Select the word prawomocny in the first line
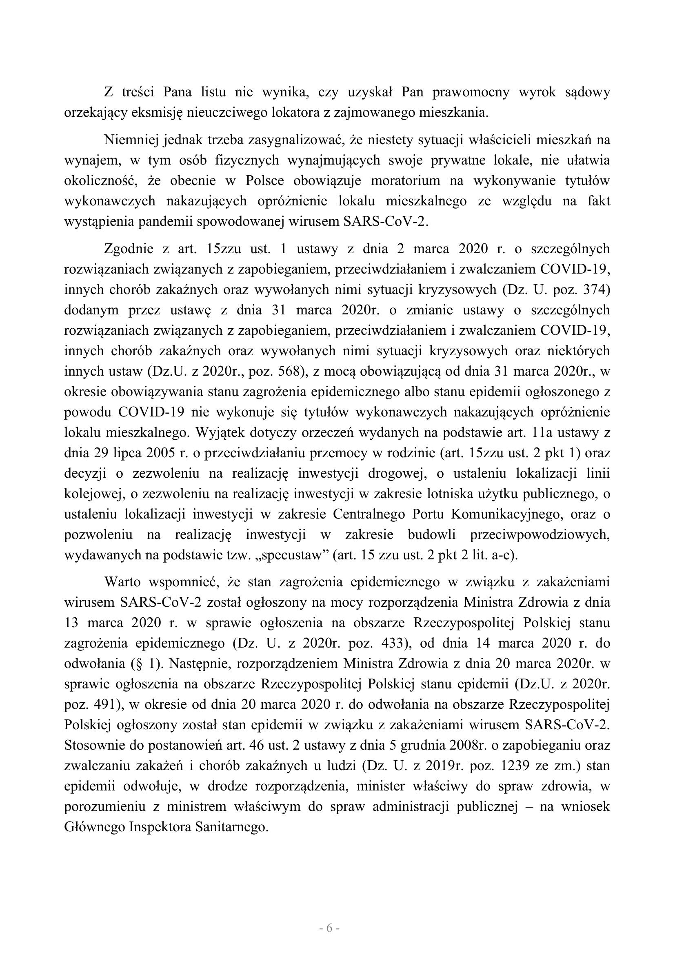coord(471,92)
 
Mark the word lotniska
coord(453,494)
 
